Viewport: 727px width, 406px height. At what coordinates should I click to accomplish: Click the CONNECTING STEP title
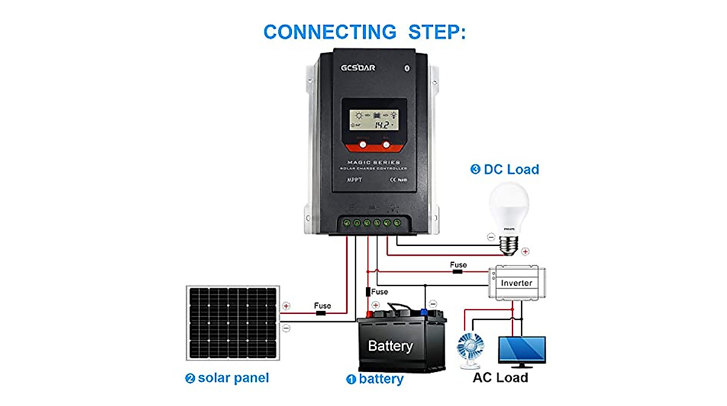tap(364, 32)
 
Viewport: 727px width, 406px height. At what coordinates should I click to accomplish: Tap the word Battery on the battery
tap(390, 347)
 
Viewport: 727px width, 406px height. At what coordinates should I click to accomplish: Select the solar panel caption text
tap(227, 378)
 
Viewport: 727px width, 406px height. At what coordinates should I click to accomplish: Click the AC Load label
tap(500, 378)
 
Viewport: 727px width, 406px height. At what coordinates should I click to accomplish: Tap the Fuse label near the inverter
tap(458, 265)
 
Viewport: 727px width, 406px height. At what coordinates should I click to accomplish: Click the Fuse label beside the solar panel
tap(322, 306)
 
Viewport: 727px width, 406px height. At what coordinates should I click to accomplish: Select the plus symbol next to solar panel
tap(286, 307)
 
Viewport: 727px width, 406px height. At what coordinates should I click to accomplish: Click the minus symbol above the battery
tap(432, 303)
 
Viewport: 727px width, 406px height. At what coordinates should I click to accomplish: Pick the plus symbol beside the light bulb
tap(525, 251)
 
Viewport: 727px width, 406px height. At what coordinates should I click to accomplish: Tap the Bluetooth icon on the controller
tap(407, 67)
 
